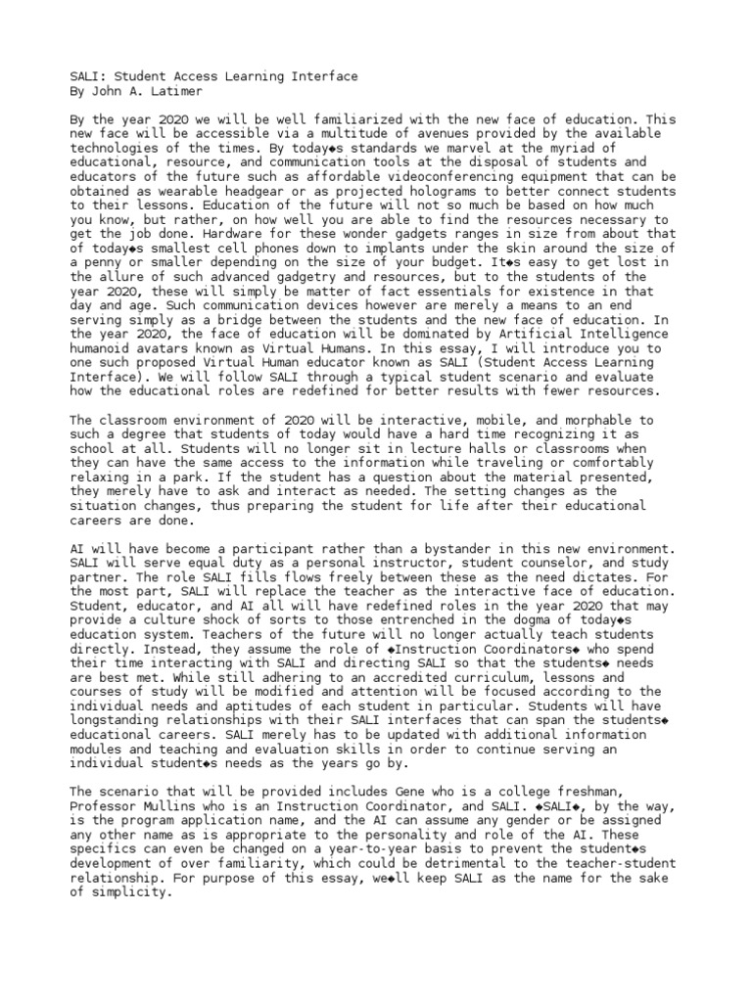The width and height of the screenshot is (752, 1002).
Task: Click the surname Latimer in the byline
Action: [x=171, y=90]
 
